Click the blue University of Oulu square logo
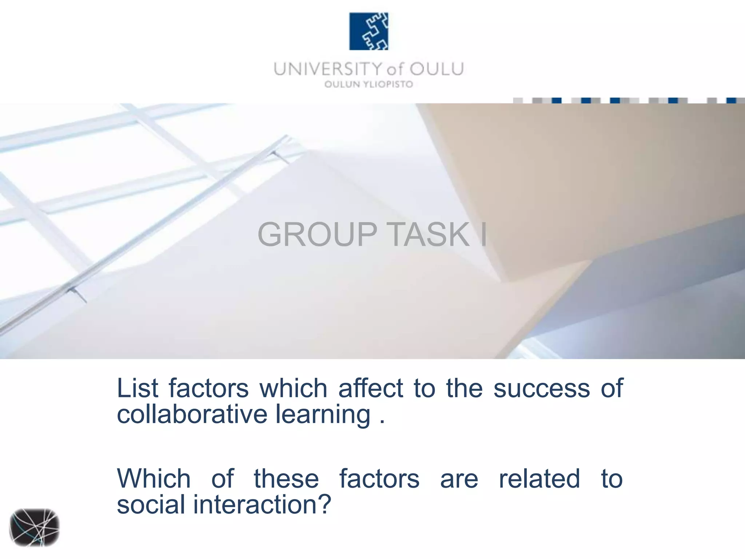[368, 31]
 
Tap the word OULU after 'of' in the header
[437, 69]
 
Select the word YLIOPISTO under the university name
[388, 84]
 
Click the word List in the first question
[138, 388]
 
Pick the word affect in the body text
[371, 388]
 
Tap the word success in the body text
[541, 388]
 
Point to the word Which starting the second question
[154, 479]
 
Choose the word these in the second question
[286, 479]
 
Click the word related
[539, 479]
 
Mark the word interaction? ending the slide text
[262, 505]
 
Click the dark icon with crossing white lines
[34, 527]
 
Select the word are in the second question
[459, 479]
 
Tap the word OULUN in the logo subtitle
[342, 84]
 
